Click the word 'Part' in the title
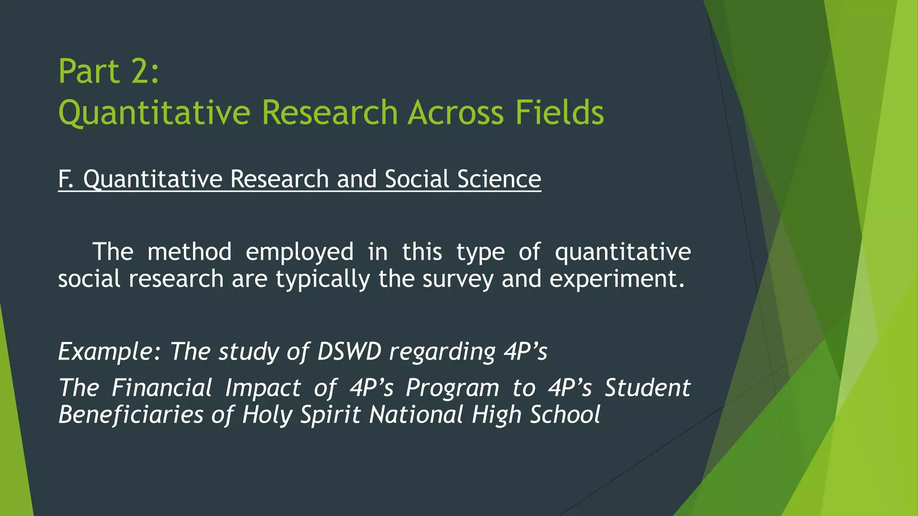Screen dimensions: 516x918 [x=89, y=72]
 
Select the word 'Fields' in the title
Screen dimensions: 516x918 [x=559, y=112]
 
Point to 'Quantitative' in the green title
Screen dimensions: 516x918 [x=154, y=113]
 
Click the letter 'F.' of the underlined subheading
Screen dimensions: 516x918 [x=65, y=179]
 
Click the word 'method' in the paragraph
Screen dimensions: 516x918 [x=189, y=252]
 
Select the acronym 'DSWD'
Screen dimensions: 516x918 [x=349, y=352]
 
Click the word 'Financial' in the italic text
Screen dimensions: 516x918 [x=162, y=388]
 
